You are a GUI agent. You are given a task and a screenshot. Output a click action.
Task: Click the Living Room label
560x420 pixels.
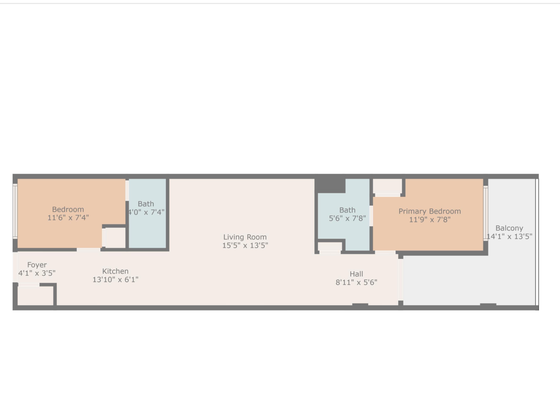tap(245, 237)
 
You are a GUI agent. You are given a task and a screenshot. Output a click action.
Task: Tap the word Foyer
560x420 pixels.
tap(37, 265)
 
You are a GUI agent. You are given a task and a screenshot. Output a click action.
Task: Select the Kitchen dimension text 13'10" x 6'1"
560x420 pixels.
tap(115, 279)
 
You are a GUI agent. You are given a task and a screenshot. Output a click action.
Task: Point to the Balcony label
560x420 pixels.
tap(509, 228)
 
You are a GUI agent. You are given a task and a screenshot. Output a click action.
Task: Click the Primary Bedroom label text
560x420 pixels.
tap(430, 211)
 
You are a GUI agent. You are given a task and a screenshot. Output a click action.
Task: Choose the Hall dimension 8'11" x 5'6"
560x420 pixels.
tap(356, 282)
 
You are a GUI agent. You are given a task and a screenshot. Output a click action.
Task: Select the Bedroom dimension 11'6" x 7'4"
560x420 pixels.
tap(68, 218)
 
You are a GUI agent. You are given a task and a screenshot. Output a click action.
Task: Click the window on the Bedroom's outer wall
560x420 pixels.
tap(15, 211)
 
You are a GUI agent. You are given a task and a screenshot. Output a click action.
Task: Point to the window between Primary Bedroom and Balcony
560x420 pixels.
tap(486, 213)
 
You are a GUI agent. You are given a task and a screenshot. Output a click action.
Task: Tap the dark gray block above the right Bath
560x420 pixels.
tap(330, 186)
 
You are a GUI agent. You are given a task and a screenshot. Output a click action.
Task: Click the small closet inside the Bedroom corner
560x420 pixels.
tap(115, 238)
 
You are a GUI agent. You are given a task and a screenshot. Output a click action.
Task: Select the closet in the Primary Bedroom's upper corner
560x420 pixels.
tap(387, 186)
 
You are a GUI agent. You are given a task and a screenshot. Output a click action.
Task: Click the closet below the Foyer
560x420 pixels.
tap(35, 296)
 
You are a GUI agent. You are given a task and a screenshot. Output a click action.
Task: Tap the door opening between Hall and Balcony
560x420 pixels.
tap(401, 279)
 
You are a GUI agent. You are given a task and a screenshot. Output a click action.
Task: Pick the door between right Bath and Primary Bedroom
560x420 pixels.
tap(371, 216)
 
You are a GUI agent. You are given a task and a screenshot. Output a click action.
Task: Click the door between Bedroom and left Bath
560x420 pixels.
tap(127, 191)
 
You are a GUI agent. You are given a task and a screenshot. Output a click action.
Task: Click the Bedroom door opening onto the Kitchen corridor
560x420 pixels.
tap(88, 250)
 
